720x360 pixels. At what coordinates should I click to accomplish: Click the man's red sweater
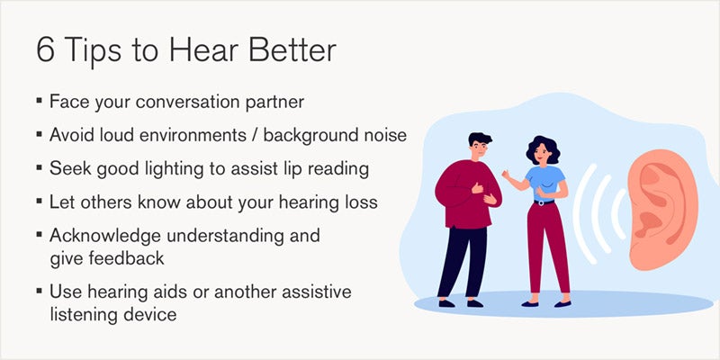463,189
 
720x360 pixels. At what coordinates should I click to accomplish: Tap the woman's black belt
544,202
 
